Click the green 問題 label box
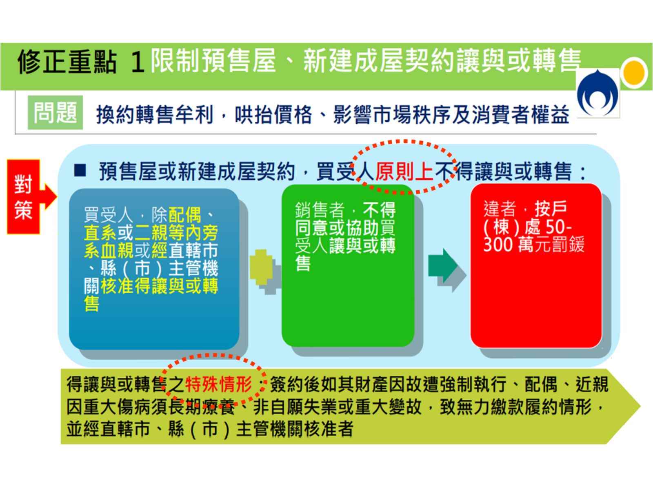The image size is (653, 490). tap(55, 112)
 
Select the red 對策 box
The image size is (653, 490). tap(24, 197)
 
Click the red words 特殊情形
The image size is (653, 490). tap(219, 384)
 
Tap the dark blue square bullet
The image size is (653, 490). tap(80, 170)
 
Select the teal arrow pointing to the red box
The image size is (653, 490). tap(442, 265)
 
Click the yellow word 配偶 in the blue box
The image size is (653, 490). tap(185, 215)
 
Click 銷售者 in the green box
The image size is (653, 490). tap(320, 210)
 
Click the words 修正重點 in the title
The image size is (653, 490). tap(67, 62)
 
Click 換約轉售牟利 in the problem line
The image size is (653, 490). tap(155, 115)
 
